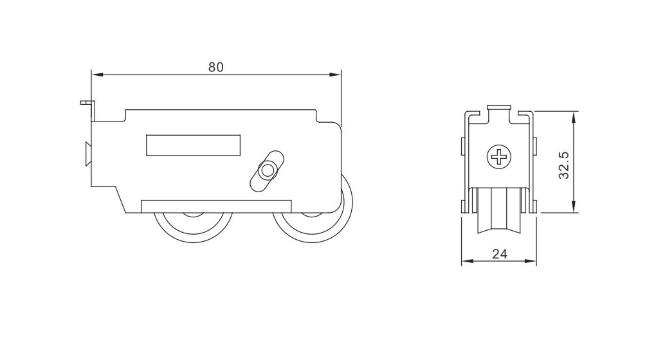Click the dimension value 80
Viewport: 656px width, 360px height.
click(216, 67)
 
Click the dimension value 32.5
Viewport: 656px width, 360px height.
click(565, 165)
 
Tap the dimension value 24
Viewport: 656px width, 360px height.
click(500, 253)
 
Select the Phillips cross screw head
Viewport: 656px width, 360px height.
click(499, 157)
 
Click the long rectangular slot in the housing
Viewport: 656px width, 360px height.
click(194, 145)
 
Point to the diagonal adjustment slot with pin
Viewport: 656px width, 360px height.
click(267, 171)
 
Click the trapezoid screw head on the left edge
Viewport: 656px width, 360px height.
click(88, 154)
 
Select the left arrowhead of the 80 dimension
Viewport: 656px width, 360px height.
click(97, 75)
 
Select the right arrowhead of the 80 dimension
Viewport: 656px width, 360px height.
click(336, 75)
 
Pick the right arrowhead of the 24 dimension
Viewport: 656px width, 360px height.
click(531, 262)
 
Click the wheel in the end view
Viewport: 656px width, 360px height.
click(499, 212)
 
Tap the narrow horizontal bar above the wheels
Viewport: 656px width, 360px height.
click(216, 206)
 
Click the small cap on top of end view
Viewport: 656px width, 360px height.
click(499, 108)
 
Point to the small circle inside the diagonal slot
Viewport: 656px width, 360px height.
click(266, 171)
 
